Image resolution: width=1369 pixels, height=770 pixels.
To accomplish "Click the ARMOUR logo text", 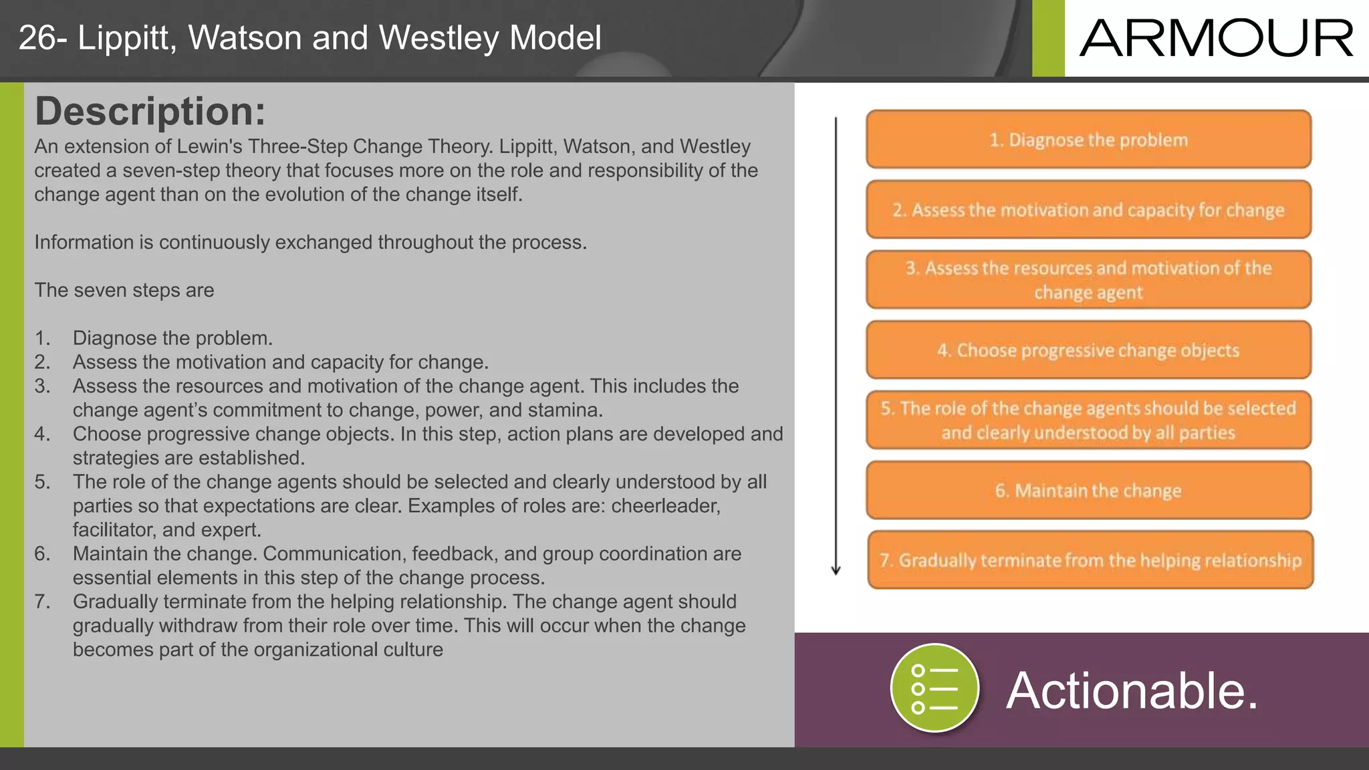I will (x=1216, y=39).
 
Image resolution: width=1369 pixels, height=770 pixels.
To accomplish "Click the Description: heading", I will (x=150, y=111).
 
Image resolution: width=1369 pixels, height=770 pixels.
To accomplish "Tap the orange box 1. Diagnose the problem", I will (x=1088, y=140).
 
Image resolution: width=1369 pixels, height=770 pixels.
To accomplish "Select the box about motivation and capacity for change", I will (x=1088, y=210).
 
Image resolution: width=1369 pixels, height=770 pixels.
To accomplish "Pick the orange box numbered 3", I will (x=1088, y=280).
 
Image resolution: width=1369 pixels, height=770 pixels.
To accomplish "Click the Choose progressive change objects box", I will (x=1088, y=350).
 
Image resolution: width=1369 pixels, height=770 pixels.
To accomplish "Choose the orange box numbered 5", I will (x=1088, y=420).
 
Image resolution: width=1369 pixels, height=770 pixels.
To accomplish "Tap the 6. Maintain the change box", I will (x=1088, y=491).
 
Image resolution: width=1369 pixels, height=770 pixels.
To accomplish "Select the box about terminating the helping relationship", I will (x=1090, y=560).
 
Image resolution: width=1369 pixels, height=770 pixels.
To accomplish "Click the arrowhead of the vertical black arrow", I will (x=836, y=570).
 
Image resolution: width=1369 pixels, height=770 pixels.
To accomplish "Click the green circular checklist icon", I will (x=935, y=688).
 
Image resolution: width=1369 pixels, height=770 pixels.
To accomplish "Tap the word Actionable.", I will (x=1132, y=690).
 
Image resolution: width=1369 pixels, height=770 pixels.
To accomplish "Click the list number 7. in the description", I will (x=42, y=602).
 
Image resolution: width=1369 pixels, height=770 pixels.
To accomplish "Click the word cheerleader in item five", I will (x=665, y=506).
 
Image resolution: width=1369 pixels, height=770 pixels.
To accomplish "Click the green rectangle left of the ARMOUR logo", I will (x=1047, y=39).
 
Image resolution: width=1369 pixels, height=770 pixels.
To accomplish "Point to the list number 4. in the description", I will (x=42, y=434).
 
